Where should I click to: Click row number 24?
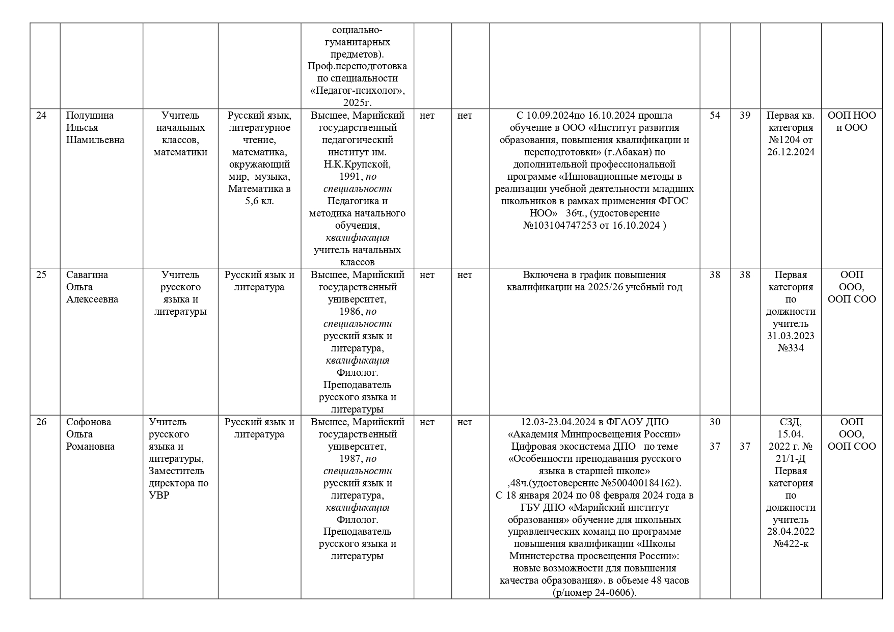point(41,116)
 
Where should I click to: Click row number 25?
point(41,275)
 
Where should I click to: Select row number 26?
point(41,422)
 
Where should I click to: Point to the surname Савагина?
point(87,275)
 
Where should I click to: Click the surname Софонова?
point(88,422)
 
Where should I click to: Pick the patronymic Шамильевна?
point(95,140)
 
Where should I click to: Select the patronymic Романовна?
point(91,447)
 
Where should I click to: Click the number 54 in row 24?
point(715,116)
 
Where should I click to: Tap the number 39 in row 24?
point(745,116)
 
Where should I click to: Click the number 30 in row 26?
point(715,422)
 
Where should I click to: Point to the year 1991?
point(350,177)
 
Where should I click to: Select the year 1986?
point(350,312)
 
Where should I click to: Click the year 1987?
point(350,459)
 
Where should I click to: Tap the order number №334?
point(791,348)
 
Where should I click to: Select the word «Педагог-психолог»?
point(358,91)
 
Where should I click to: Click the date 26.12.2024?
point(791,152)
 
